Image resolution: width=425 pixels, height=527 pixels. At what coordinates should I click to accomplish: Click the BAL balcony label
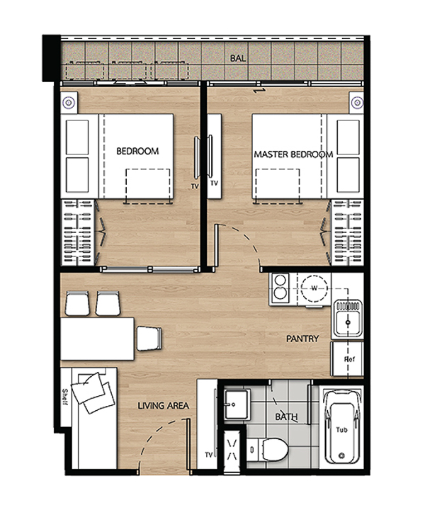pos(237,58)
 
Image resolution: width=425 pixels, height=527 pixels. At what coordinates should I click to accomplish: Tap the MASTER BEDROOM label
pos(293,154)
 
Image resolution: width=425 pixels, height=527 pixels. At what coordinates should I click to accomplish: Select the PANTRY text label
pos(302,339)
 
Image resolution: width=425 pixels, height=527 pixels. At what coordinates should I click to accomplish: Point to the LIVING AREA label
pos(164,406)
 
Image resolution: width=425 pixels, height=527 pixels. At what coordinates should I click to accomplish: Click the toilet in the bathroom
pos(268,449)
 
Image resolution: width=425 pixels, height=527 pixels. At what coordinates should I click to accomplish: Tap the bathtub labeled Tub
pos(341,428)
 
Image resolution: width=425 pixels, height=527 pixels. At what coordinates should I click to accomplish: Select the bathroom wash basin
pos(237,404)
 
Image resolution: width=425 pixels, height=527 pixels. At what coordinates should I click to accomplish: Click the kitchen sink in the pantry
pos(347,319)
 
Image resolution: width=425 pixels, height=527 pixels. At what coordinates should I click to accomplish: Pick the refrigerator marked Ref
pos(348,359)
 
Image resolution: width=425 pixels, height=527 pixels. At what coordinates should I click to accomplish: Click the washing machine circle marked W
pos(314,288)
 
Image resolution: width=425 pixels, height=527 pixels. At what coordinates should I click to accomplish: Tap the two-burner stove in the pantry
pos(280,288)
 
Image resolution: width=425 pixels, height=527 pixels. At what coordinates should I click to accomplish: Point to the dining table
pos(98,339)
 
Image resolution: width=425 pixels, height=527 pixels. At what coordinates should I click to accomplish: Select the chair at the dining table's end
pos(149,339)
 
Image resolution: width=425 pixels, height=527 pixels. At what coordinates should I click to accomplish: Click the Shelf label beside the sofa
pos(65,397)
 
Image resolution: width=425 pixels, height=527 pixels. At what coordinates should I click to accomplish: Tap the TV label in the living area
pos(209,455)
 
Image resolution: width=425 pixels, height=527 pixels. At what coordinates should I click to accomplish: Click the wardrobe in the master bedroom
pos(347,232)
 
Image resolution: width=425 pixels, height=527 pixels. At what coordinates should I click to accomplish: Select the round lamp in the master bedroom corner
pos(357,102)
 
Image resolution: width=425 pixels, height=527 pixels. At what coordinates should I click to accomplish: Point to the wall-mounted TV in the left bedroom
pos(197,157)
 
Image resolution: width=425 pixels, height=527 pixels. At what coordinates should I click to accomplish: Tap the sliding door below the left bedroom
pos(149,269)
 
